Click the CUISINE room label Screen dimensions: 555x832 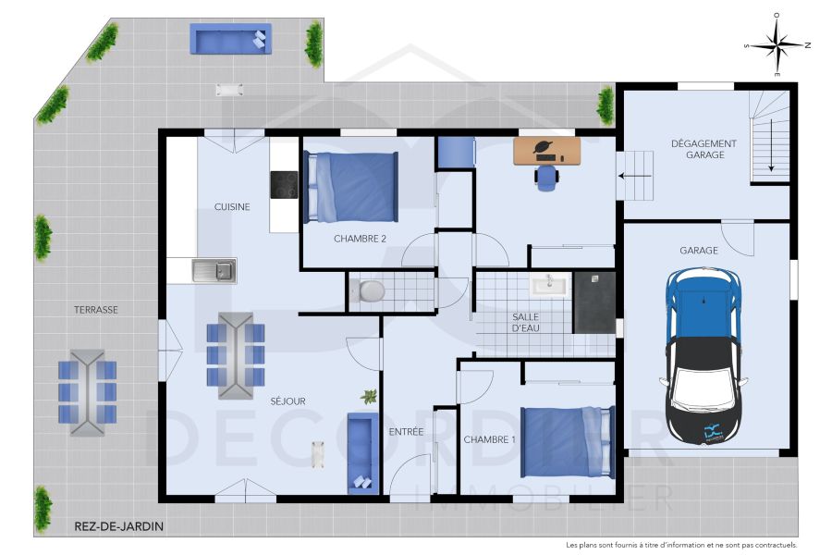[x=232, y=207]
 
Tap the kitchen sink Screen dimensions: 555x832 [x=214, y=270]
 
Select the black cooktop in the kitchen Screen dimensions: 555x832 [x=284, y=185]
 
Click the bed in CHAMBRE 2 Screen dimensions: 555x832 [x=353, y=188]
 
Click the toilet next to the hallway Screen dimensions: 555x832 [x=370, y=291]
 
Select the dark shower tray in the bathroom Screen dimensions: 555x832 [x=594, y=302]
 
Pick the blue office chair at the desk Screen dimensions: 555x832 [x=547, y=177]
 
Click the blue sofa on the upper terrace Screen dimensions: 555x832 [x=230, y=39]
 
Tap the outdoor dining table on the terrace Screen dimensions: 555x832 [x=88, y=391]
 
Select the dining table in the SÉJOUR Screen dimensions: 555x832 [x=236, y=355]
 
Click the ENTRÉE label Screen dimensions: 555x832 [x=406, y=432]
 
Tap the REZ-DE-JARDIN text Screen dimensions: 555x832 [x=119, y=527]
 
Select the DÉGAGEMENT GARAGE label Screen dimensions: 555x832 [x=704, y=149]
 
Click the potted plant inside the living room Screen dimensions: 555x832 [x=370, y=397]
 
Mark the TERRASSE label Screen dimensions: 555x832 [x=96, y=310]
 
